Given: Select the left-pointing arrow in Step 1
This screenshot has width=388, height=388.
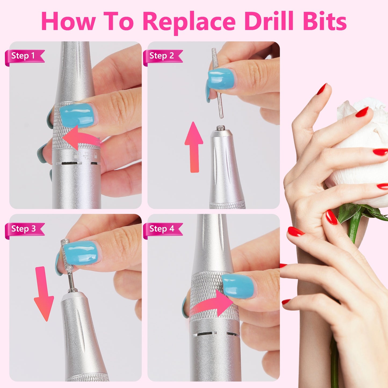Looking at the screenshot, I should pyautogui.click(x=79, y=138).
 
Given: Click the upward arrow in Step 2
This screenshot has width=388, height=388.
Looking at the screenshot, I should pyautogui.click(x=194, y=146).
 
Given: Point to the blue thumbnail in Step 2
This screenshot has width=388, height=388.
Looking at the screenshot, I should pyautogui.click(x=221, y=78).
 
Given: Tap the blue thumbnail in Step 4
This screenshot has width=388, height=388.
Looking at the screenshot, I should pyautogui.click(x=238, y=286).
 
